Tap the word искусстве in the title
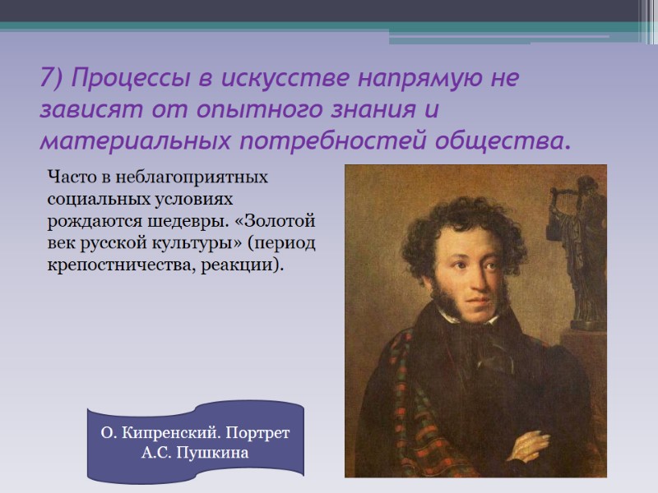coord(280,80)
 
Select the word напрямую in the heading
coord(410,80)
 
